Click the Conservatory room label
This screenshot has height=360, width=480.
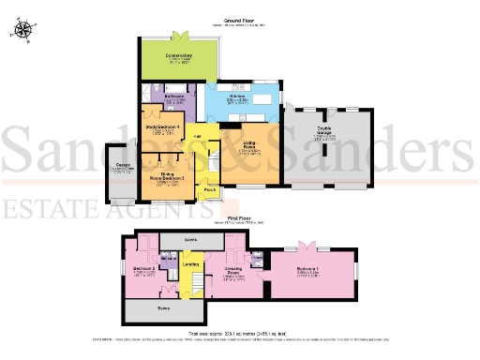coord(179,57)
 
